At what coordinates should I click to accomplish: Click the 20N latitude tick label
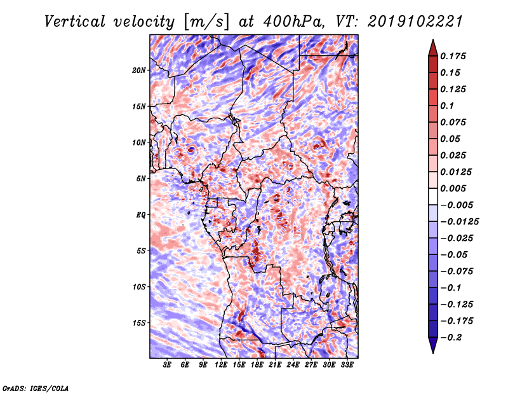click(x=139, y=70)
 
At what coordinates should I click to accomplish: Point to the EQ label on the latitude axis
click(x=141, y=215)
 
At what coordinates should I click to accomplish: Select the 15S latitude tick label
click(x=139, y=323)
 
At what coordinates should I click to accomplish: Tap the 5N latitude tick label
click(x=141, y=179)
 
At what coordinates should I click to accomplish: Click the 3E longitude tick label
click(x=168, y=365)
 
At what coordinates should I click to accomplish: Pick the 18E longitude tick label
click(x=257, y=365)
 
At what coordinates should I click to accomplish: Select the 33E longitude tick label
click(x=346, y=365)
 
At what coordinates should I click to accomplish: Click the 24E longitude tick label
click(x=293, y=365)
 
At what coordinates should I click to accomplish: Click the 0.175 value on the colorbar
click(x=455, y=56)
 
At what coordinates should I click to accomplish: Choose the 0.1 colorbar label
click(x=449, y=106)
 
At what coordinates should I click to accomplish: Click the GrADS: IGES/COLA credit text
click(x=35, y=387)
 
